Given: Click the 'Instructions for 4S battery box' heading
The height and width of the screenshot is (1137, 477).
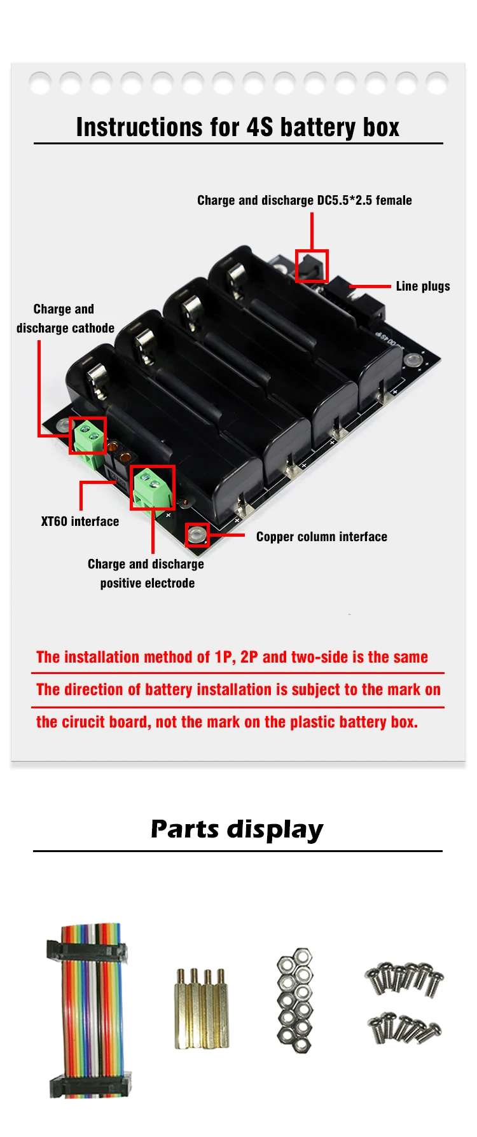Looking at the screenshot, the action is click(x=238, y=127).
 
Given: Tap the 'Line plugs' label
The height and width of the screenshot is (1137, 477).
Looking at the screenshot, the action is click(x=422, y=286).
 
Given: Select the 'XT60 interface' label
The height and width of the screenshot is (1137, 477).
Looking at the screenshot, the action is click(x=80, y=521).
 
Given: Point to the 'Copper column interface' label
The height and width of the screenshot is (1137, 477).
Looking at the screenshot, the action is click(x=321, y=537).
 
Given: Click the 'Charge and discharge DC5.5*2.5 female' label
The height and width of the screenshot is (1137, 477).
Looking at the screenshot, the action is click(x=304, y=200).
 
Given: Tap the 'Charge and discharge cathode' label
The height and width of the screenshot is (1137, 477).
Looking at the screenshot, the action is click(x=65, y=319).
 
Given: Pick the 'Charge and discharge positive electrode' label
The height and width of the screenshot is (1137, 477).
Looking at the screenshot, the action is click(x=146, y=574).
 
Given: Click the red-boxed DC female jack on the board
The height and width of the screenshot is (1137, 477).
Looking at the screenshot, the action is click(x=312, y=266).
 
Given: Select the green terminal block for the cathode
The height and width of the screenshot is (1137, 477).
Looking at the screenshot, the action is click(x=88, y=436).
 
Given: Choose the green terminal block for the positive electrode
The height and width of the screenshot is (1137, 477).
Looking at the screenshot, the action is click(x=153, y=488).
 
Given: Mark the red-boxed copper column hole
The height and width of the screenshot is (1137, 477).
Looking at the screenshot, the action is click(x=197, y=535).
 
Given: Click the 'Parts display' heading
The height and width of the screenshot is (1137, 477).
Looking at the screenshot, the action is click(x=237, y=829).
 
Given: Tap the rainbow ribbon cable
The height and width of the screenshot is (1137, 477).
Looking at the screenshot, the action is click(x=90, y=1011).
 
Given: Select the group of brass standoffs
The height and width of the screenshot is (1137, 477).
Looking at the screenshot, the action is click(x=202, y=1009).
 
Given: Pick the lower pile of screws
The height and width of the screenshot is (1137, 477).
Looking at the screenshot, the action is click(x=404, y=1027).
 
